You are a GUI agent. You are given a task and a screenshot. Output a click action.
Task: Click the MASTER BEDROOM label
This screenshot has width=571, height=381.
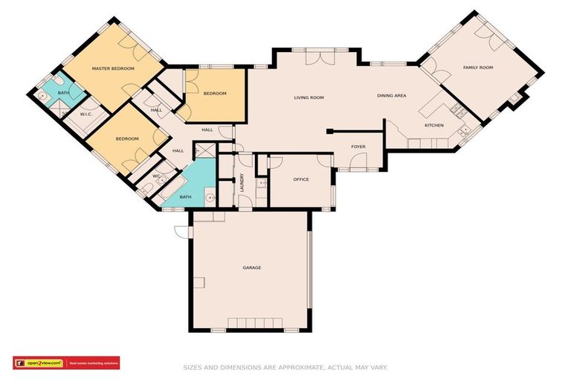113,68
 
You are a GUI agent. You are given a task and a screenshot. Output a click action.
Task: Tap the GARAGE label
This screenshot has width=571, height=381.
251,267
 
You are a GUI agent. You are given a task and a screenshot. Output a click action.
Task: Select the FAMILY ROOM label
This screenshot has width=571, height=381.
478,68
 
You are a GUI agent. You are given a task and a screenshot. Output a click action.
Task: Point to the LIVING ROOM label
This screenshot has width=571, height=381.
309,97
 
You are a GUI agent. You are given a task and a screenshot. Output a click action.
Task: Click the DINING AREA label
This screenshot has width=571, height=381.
391,95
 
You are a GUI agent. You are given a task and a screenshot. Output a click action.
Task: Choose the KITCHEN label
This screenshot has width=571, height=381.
434,125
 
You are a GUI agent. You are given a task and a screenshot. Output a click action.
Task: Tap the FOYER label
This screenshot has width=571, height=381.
358,147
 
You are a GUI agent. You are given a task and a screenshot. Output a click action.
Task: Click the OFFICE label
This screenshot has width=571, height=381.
300,179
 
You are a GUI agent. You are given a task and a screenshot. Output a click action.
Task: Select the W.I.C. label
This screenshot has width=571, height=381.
86,114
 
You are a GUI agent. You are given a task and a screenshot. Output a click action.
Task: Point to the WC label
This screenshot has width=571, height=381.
156,176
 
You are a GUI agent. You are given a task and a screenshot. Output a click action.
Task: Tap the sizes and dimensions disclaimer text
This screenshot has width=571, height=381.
285,367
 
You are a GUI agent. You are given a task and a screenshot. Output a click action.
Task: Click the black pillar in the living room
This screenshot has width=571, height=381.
329,132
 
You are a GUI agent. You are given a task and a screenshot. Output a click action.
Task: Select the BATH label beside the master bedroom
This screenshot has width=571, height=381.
63,92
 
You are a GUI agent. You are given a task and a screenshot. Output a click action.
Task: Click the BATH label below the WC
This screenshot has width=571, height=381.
185,196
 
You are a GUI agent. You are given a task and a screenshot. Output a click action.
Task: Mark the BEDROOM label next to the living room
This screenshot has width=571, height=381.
215,93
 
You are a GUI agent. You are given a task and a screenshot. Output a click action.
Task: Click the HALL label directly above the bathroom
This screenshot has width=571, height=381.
178,151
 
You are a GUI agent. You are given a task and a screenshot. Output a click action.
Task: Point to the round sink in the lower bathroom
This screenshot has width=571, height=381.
210,198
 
